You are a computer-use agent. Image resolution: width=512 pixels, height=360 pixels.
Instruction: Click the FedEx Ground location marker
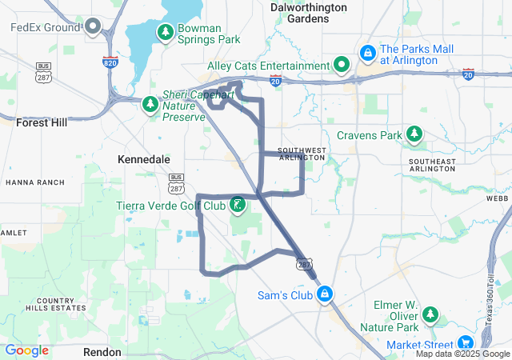93,28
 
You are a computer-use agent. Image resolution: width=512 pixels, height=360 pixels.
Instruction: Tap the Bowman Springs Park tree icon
165,33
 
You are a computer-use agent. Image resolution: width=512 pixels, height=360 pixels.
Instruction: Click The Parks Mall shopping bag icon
366,54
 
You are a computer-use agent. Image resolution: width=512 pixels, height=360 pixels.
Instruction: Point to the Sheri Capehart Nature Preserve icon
150,105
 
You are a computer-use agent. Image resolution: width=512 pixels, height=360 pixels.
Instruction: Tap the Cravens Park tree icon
414,134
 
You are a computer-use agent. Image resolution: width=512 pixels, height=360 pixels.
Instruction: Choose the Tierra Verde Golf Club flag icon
238,206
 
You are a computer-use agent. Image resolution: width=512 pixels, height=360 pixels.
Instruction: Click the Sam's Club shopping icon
323,295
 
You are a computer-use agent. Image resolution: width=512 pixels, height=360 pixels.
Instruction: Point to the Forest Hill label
42,122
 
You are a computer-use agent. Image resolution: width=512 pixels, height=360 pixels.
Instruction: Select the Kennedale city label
144,160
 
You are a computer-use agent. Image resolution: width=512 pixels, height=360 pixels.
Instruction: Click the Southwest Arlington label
302,154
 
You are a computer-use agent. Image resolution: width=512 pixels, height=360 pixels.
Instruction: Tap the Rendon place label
102,352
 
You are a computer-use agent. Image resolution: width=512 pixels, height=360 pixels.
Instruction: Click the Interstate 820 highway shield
111,62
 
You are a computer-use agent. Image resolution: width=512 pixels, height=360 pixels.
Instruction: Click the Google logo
27,350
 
